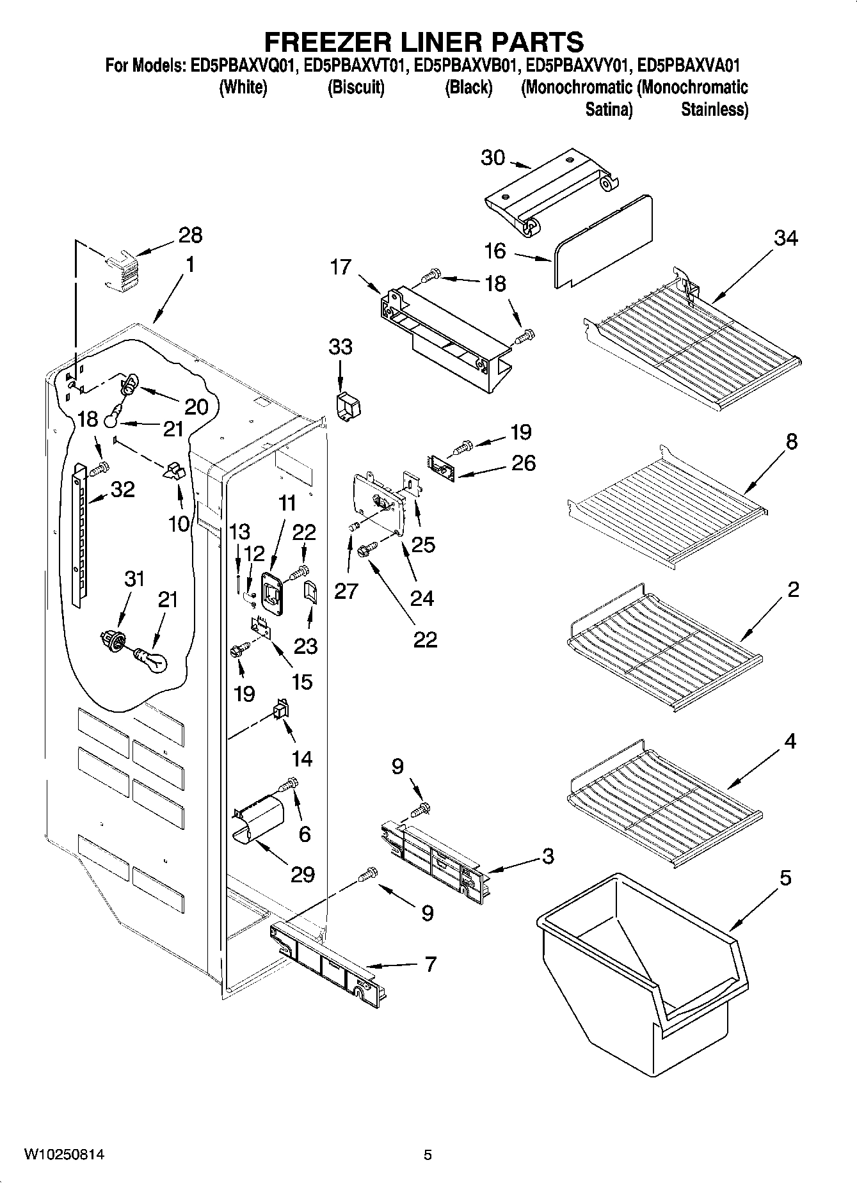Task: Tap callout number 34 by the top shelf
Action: pyautogui.click(x=786, y=238)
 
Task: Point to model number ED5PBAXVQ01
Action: pyautogui.click(x=243, y=66)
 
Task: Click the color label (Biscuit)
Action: pyautogui.click(x=356, y=88)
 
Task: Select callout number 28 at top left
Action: pyautogui.click(x=190, y=235)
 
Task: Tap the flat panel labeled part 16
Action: pyautogui.click(x=602, y=240)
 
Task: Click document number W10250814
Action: pyautogui.click(x=64, y=1155)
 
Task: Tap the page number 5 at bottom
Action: pyautogui.click(x=428, y=1155)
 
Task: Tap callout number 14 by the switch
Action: pyautogui.click(x=301, y=759)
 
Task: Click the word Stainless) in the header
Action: pyautogui.click(x=714, y=109)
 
